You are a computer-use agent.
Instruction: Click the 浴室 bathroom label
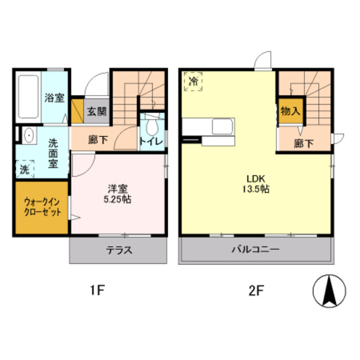[55, 98]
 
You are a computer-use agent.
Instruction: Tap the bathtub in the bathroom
[28, 97]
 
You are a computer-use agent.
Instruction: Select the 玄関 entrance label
[97, 112]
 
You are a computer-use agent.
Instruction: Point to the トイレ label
[151, 141]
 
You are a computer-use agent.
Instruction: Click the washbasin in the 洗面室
[29, 135]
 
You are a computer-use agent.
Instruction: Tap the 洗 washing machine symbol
[25, 169]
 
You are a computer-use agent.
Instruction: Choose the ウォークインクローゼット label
[43, 208]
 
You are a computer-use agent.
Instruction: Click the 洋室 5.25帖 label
[118, 194]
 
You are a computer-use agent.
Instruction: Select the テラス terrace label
[119, 250]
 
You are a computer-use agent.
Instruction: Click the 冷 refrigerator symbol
[193, 81]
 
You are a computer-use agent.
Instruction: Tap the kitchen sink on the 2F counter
[222, 126]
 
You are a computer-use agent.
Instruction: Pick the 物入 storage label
[290, 111]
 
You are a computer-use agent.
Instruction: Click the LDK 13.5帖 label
[256, 184]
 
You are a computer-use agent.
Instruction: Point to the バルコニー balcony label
[255, 249]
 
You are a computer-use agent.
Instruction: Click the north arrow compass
[330, 291]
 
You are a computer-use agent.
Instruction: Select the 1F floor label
[97, 290]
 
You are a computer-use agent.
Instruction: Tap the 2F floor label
[256, 290]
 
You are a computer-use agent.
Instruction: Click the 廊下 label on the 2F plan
[304, 144]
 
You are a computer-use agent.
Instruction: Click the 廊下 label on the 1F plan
[98, 140]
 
